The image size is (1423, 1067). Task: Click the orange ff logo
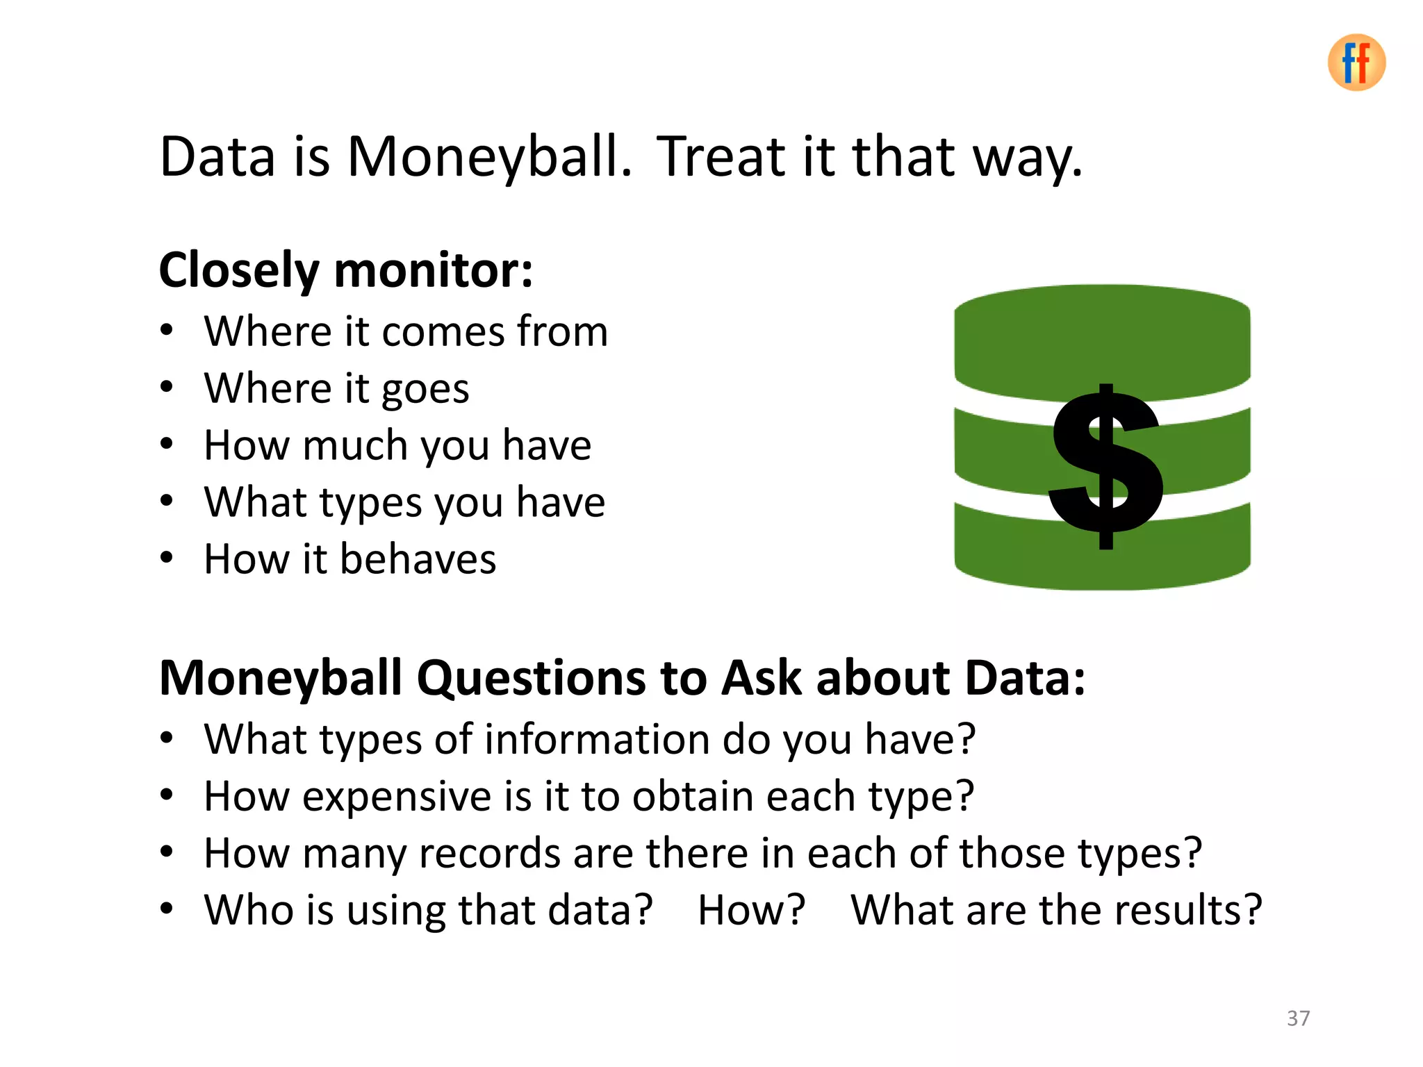[x=1356, y=63]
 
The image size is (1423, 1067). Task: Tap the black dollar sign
[x=1106, y=466]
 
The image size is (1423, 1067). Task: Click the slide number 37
[x=1298, y=1018]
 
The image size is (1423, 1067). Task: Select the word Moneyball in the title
[x=489, y=157]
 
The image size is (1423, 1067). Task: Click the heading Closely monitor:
[x=345, y=270]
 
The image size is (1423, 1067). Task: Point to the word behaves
[x=418, y=559]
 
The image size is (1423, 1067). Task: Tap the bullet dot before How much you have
[x=166, y=444]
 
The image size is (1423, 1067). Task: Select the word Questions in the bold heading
[x=531, y=678]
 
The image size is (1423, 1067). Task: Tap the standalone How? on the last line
[x=751, y=910]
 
